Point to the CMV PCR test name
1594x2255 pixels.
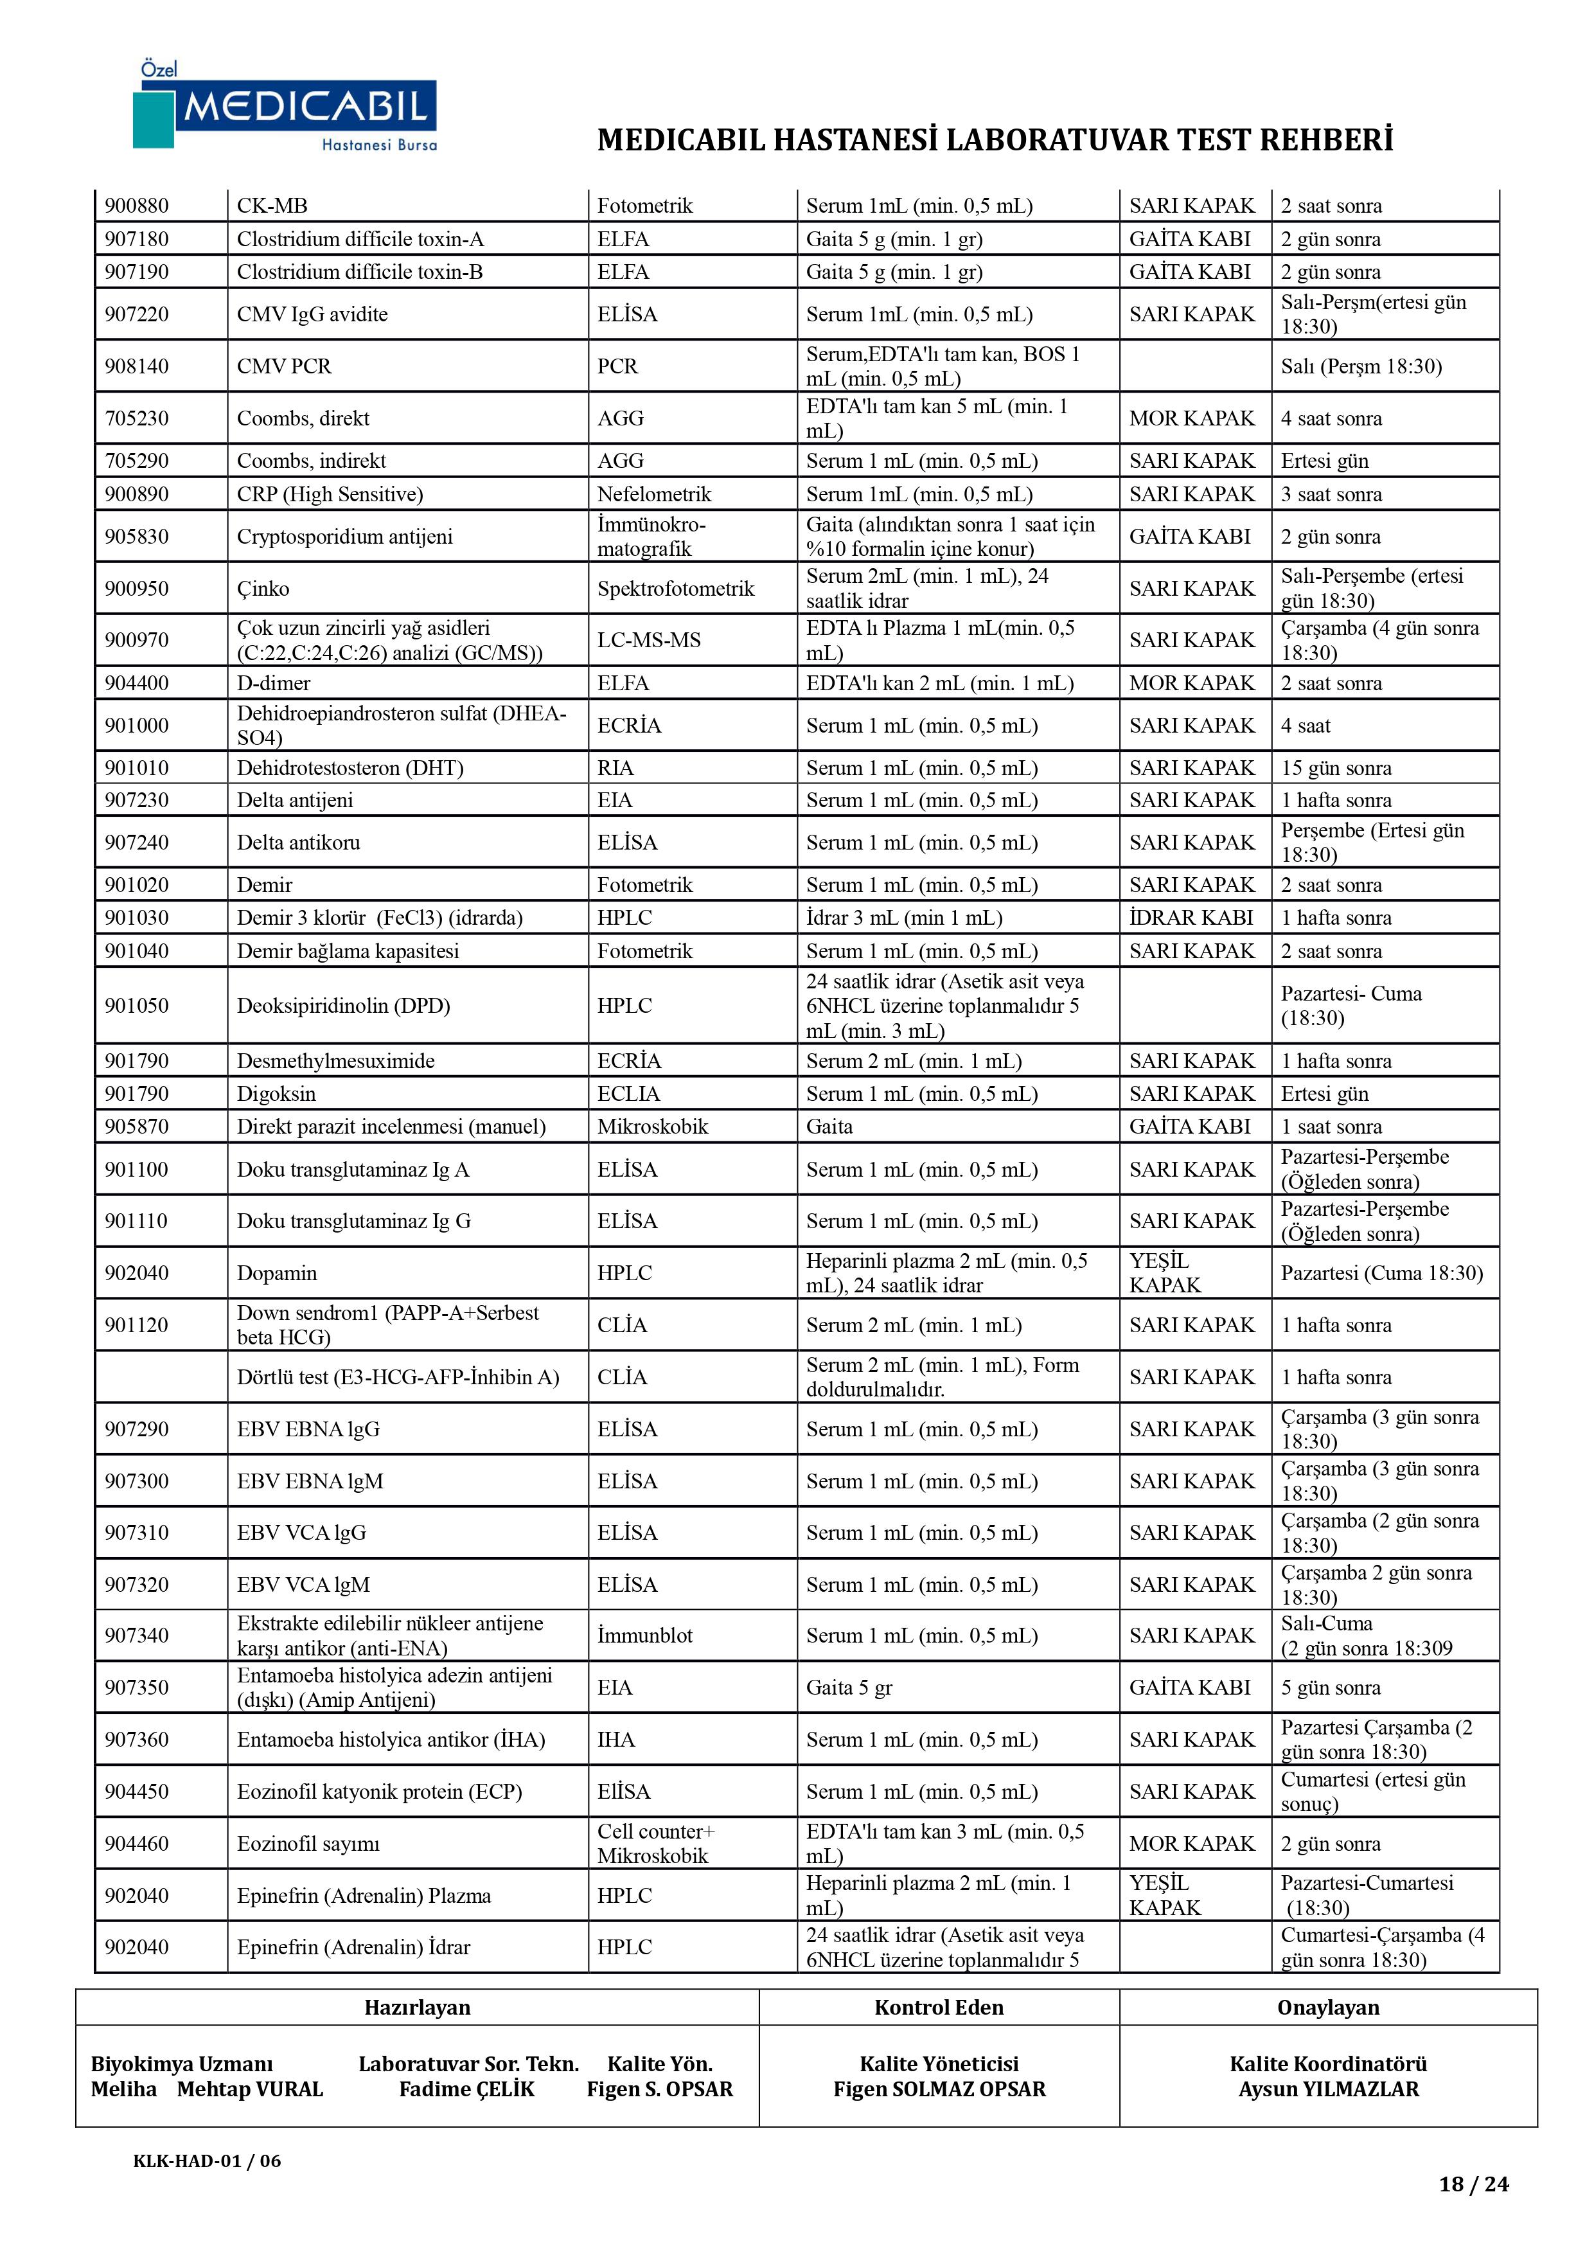point(284,366)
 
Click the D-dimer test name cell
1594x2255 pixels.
point(273,684)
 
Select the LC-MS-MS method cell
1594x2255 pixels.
point(648,640)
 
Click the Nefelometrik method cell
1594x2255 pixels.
point(654,494)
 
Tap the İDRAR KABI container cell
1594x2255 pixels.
point(1191,918)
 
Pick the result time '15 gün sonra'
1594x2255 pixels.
point(1336,768)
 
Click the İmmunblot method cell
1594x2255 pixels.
point(644,1636)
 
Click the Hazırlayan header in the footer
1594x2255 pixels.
point(418,2008)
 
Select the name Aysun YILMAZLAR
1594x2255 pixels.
point(1328,2089)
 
